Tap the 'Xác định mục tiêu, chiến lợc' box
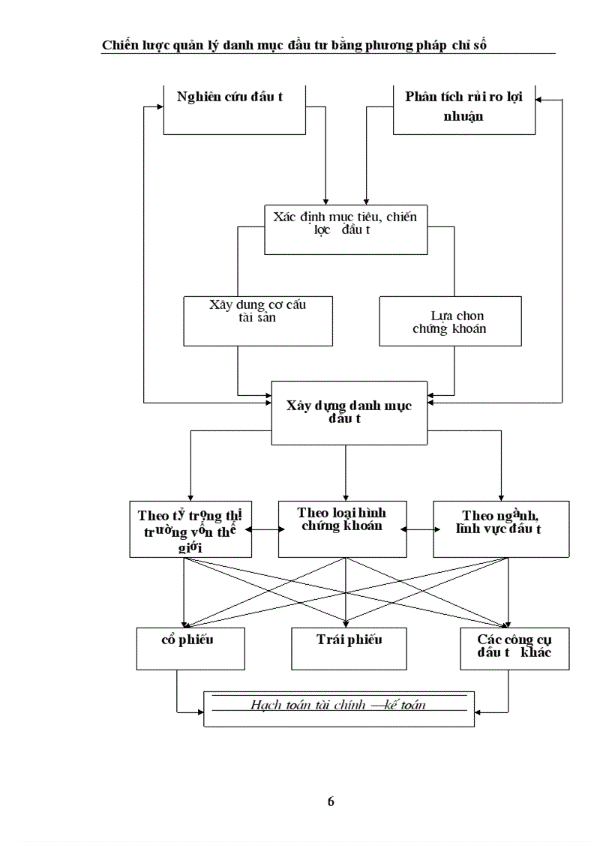[x=344, y=228]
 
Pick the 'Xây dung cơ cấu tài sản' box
[x=258, y=320]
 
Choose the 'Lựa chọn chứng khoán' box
[x=450, y=320]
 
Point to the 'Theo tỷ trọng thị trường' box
[x=190, y=529]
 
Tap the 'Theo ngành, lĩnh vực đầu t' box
[x=501, y=529]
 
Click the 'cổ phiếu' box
[x=190, y=649]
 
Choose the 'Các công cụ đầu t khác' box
[x=514, y=649]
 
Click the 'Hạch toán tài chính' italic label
[x=339, y=706]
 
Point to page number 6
[x=331, y=802]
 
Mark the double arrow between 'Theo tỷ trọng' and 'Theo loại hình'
[x=265, y=529]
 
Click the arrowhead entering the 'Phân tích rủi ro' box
[x=541, y=100]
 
